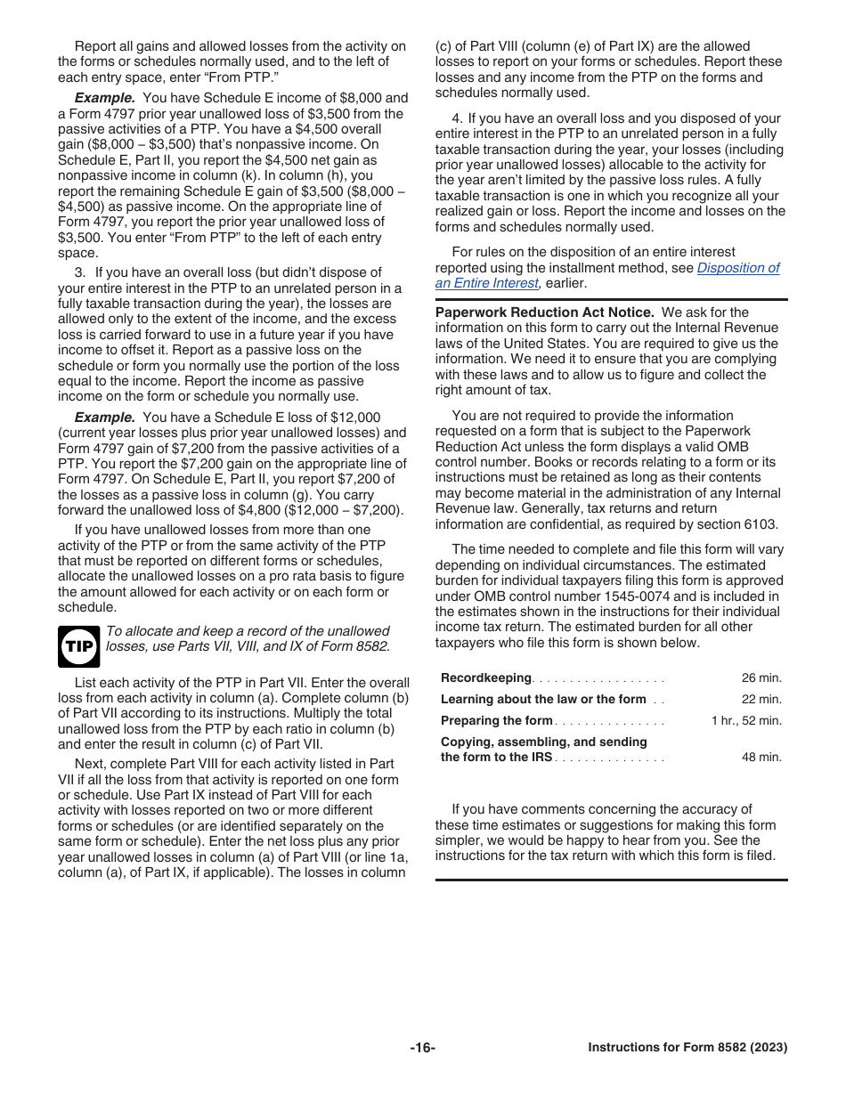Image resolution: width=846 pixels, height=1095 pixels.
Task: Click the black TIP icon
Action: [79, 645]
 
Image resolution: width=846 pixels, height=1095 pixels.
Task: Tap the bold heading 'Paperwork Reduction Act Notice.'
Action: [544, 312]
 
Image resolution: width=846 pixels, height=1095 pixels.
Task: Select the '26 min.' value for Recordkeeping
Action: [761, 677]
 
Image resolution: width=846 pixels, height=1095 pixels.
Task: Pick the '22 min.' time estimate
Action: [761, 700]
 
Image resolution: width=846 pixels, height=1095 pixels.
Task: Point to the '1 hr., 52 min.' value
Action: [746, 721]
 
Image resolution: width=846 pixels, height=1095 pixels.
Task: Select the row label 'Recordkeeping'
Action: [486, 678]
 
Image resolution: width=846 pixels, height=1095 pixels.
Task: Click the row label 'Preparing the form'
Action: [497, 721]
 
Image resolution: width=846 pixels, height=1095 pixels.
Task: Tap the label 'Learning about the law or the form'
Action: [543, 700]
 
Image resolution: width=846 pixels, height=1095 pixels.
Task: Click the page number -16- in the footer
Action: [422, 1048]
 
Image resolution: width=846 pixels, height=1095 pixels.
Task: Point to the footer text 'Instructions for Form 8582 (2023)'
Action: [687, 1048]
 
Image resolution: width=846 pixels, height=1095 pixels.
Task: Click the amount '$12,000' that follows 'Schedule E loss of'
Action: [354, 417]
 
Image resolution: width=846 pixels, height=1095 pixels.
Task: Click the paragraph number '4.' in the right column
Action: [457, 118]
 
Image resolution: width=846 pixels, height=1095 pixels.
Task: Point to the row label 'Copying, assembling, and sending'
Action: [544, 742]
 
